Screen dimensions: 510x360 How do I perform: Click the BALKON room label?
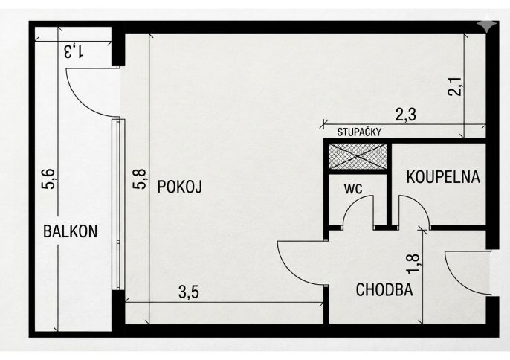tap(70, 231)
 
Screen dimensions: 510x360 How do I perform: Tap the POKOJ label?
tap(180, 187)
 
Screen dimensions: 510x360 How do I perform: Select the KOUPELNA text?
tap(443, 177)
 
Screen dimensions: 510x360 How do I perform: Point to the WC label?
tap(353, 189)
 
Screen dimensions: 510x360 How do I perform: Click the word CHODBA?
tap(384, 289)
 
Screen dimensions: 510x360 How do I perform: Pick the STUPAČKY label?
tap(359, 132)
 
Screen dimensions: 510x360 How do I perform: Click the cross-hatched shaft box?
tap(358, 156)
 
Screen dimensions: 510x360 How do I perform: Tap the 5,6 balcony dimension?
tap(49, 179)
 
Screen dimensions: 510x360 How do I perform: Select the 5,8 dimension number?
tap(140, 179)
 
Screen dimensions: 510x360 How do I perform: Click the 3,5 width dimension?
tap(189, 292)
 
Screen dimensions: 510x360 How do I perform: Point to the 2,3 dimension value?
tap(406, 115)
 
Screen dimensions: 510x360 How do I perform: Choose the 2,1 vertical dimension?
tap(454, 86)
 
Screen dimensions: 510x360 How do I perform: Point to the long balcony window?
tap(118, 204)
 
